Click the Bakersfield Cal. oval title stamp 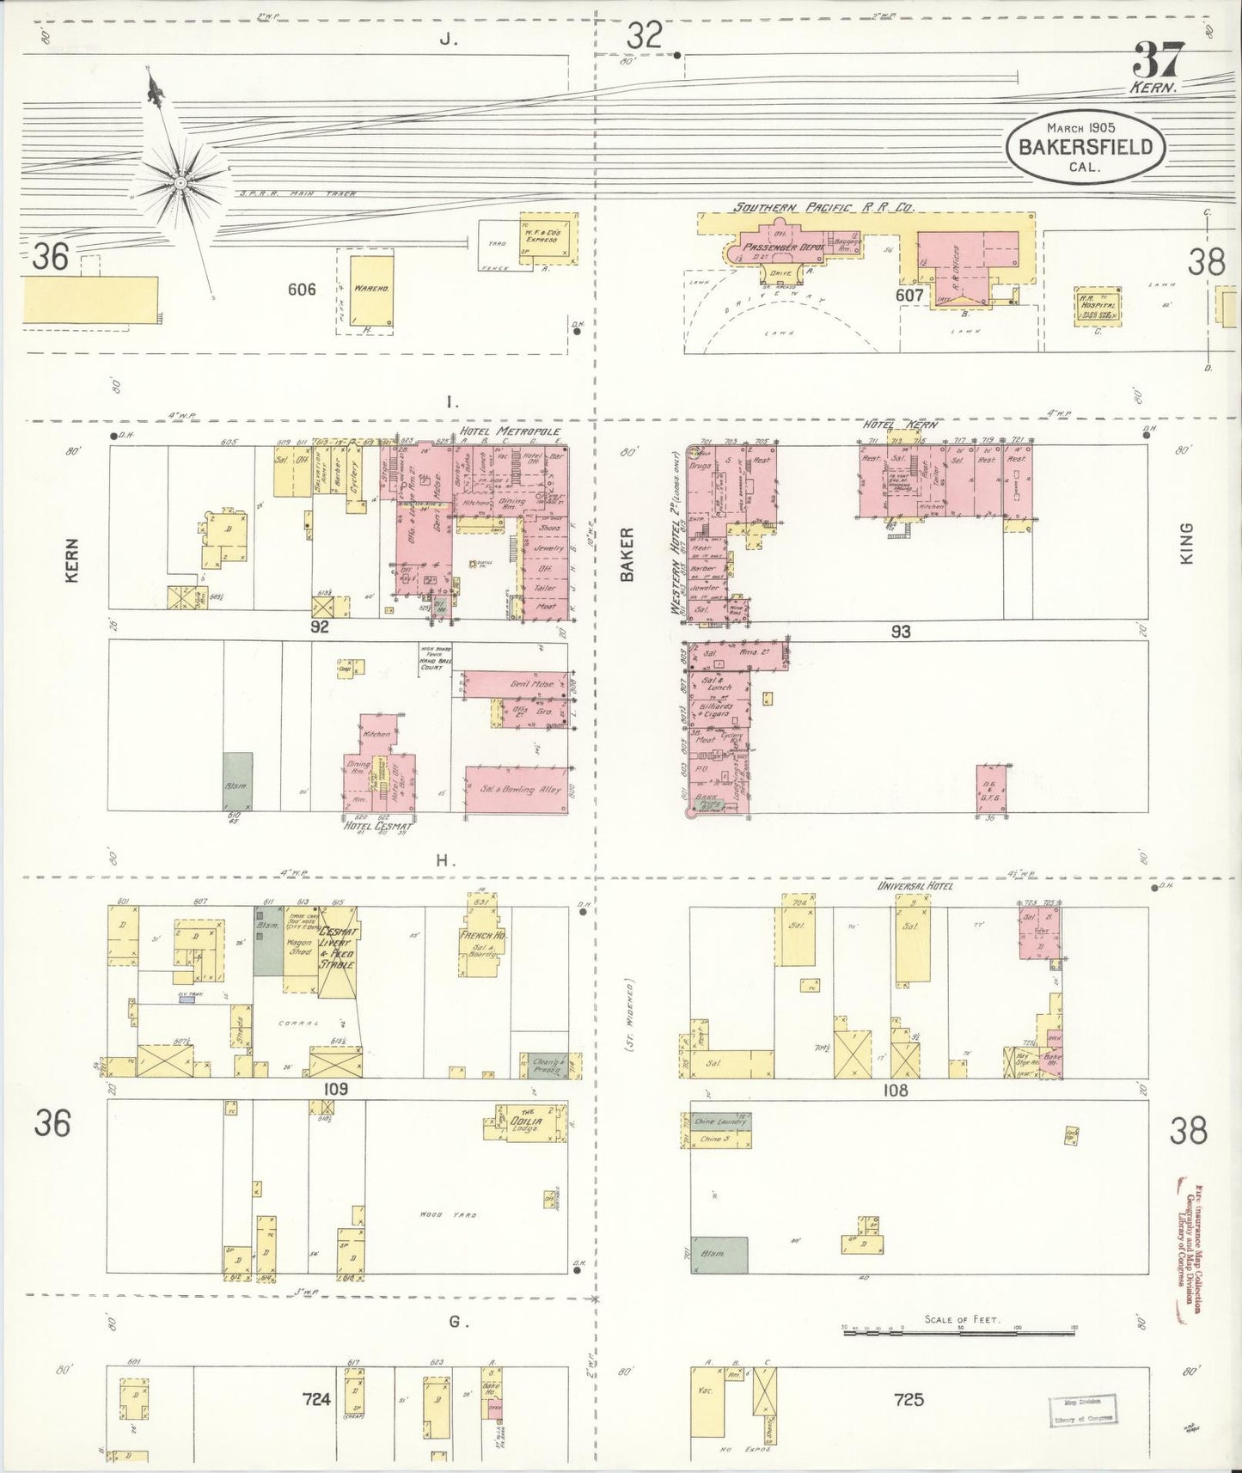(x=1085, y=149)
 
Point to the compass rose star (x=180, y=182)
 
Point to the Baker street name (x=627, y=554)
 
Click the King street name (x=1188, y=543)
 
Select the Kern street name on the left (x=71, y=560)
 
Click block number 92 (x=320, y=627)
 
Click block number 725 (x=908, y=1399)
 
